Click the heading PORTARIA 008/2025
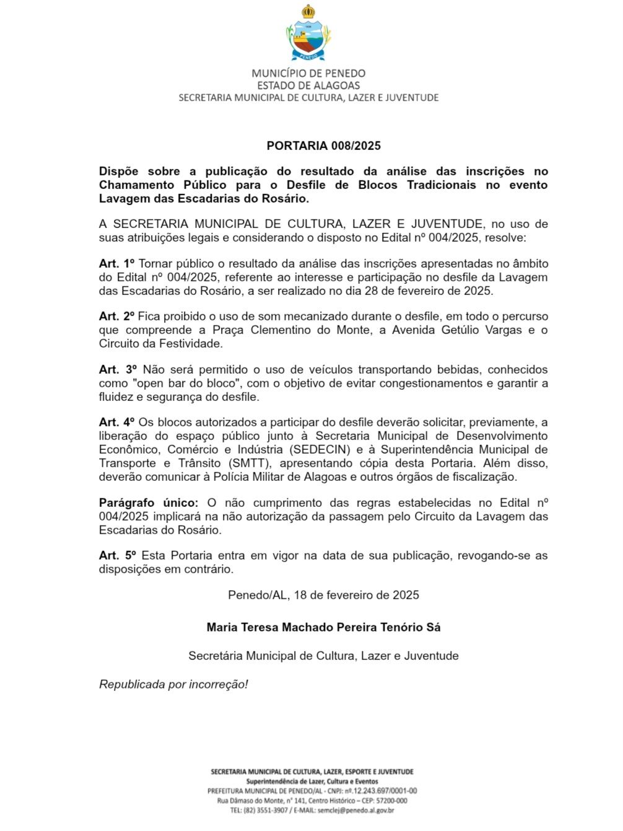click(x=323, y=146)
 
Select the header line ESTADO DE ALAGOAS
click(x=308, y=86)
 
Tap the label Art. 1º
click(x=116, y=264)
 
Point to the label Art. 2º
click(x=116, y=317)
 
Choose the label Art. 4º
click(x=116, y=423)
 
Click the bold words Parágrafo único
click(x=149, y=503)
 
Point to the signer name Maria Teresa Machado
click(x=323, y=628)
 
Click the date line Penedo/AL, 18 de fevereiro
click(x=323, y=596)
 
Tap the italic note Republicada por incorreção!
click(x=173, y=685)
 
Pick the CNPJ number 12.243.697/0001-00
click(x=385, y=791)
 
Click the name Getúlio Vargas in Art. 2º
click(x=480, y=330)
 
